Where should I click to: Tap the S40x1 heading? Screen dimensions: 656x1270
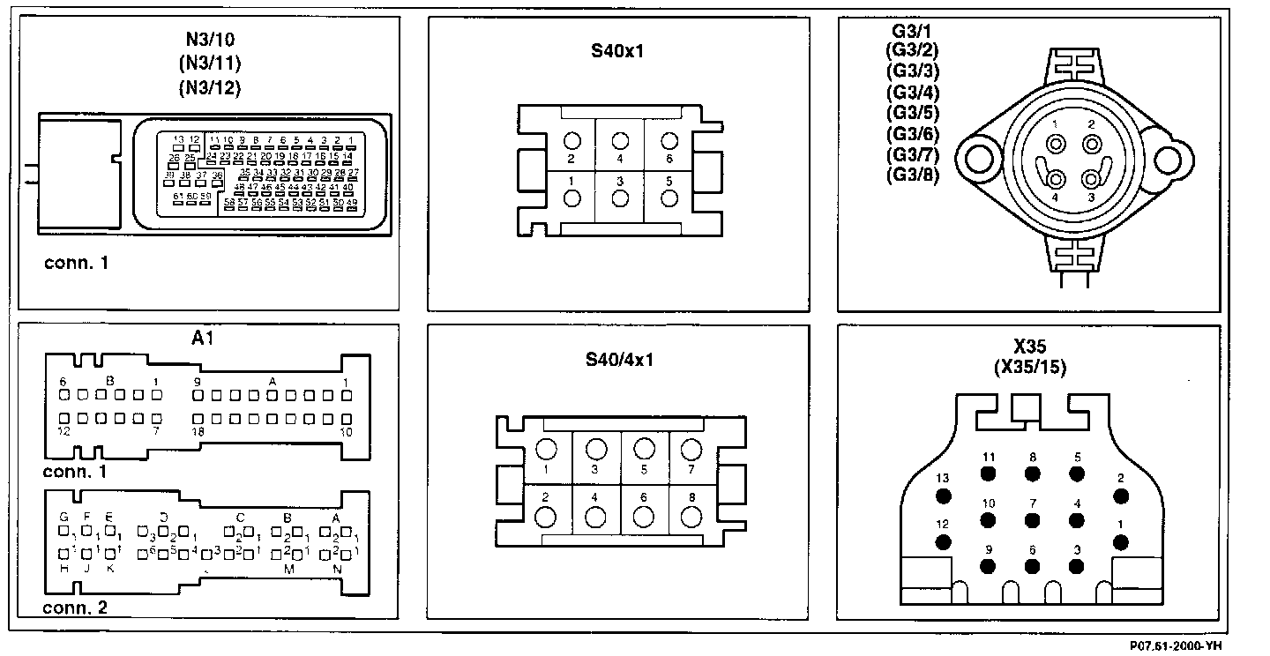pos(617,50)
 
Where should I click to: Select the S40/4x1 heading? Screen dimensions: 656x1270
pos(617,360)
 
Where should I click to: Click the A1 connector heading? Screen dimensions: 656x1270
pos(203,338)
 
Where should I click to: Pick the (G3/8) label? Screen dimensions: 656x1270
pos(913,175)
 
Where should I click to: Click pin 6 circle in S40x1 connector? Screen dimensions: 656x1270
pos(669,141)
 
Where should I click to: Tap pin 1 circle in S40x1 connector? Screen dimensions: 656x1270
pos(571,198)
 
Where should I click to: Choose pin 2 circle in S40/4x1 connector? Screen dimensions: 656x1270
pos(546,517)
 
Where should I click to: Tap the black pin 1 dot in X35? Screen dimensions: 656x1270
pos(1121,541)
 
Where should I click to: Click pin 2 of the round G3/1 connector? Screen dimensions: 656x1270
pos(1092,144)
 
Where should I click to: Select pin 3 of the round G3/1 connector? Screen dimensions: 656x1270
pos(1092,179)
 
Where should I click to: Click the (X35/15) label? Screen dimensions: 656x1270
pos(1029,368)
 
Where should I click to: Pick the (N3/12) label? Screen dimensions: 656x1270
pos(209,87)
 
